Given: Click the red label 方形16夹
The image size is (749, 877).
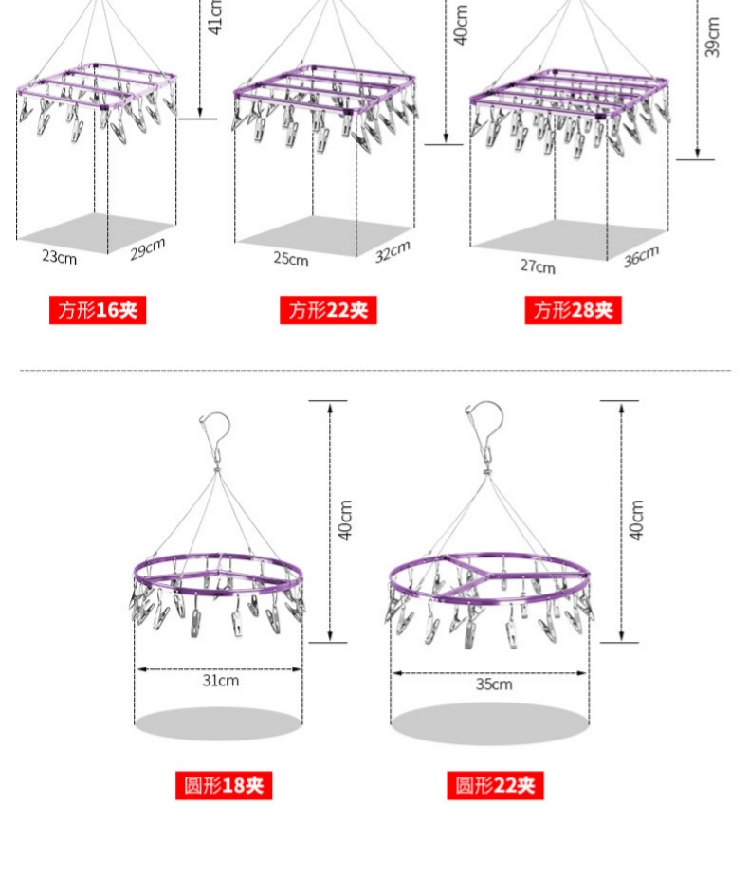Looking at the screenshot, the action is (x=98, y=310).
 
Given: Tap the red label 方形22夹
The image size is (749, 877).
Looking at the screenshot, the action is (x=328, y=310).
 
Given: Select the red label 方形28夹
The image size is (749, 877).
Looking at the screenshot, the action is (x=573, y=310).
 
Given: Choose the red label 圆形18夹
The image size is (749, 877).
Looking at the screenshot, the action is (x=224, y=785).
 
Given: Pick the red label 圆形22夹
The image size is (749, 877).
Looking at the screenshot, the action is (x=495, y=785).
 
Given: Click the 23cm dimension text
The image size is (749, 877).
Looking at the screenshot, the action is (x=60, y=257).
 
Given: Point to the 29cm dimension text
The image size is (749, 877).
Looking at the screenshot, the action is (x=148, y=249).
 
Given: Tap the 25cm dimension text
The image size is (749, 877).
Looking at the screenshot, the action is (x=291, y=259).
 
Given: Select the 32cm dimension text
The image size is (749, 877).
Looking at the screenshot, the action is (x=393, y=251).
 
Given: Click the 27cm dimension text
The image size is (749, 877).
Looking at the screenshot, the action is (x=538, y=266).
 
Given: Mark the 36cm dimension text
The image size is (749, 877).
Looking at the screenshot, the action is (x=641, y=256).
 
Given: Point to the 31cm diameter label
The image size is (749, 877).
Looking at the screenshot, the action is (x=220, y=681).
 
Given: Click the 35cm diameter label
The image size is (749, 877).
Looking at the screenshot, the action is (x=494, y=684).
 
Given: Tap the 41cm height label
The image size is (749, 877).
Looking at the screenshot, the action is (x=215, y=17).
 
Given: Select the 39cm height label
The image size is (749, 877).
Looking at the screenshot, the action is (x=712, y=37).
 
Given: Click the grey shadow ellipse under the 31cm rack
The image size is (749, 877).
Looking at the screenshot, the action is (x=218, y=723).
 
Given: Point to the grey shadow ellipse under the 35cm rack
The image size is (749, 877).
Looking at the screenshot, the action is (x=490, y=723).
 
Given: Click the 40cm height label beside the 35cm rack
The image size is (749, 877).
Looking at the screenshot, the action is (x=637, y=521).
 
